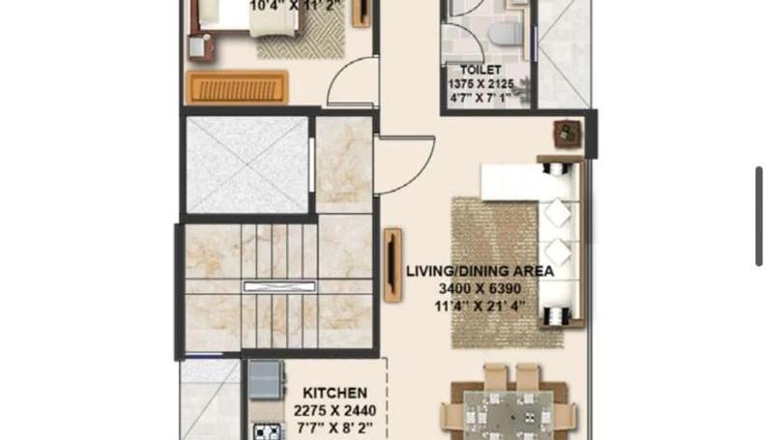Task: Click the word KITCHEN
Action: (x=335, y=393)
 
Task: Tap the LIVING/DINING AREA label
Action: (x=479, y=272)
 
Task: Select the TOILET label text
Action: (x=480, y=70)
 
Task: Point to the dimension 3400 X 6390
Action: (x=479, y=289)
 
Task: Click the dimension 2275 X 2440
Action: (x=335, y=411)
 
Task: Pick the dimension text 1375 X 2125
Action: (x=480, y=84)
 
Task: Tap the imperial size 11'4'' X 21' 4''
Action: (x=479, y=307)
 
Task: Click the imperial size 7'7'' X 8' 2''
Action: (x=335, y=428)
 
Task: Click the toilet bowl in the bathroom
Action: (x=504, y=32)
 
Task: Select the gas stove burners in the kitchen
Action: (x=267, y=431)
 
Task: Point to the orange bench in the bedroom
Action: (x=237, y=87)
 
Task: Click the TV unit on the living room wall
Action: (x=393, y=265)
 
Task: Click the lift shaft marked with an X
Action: (x=247, y=164)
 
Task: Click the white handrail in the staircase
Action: (x=279, y=286)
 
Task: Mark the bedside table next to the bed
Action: (x=201, y=47)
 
